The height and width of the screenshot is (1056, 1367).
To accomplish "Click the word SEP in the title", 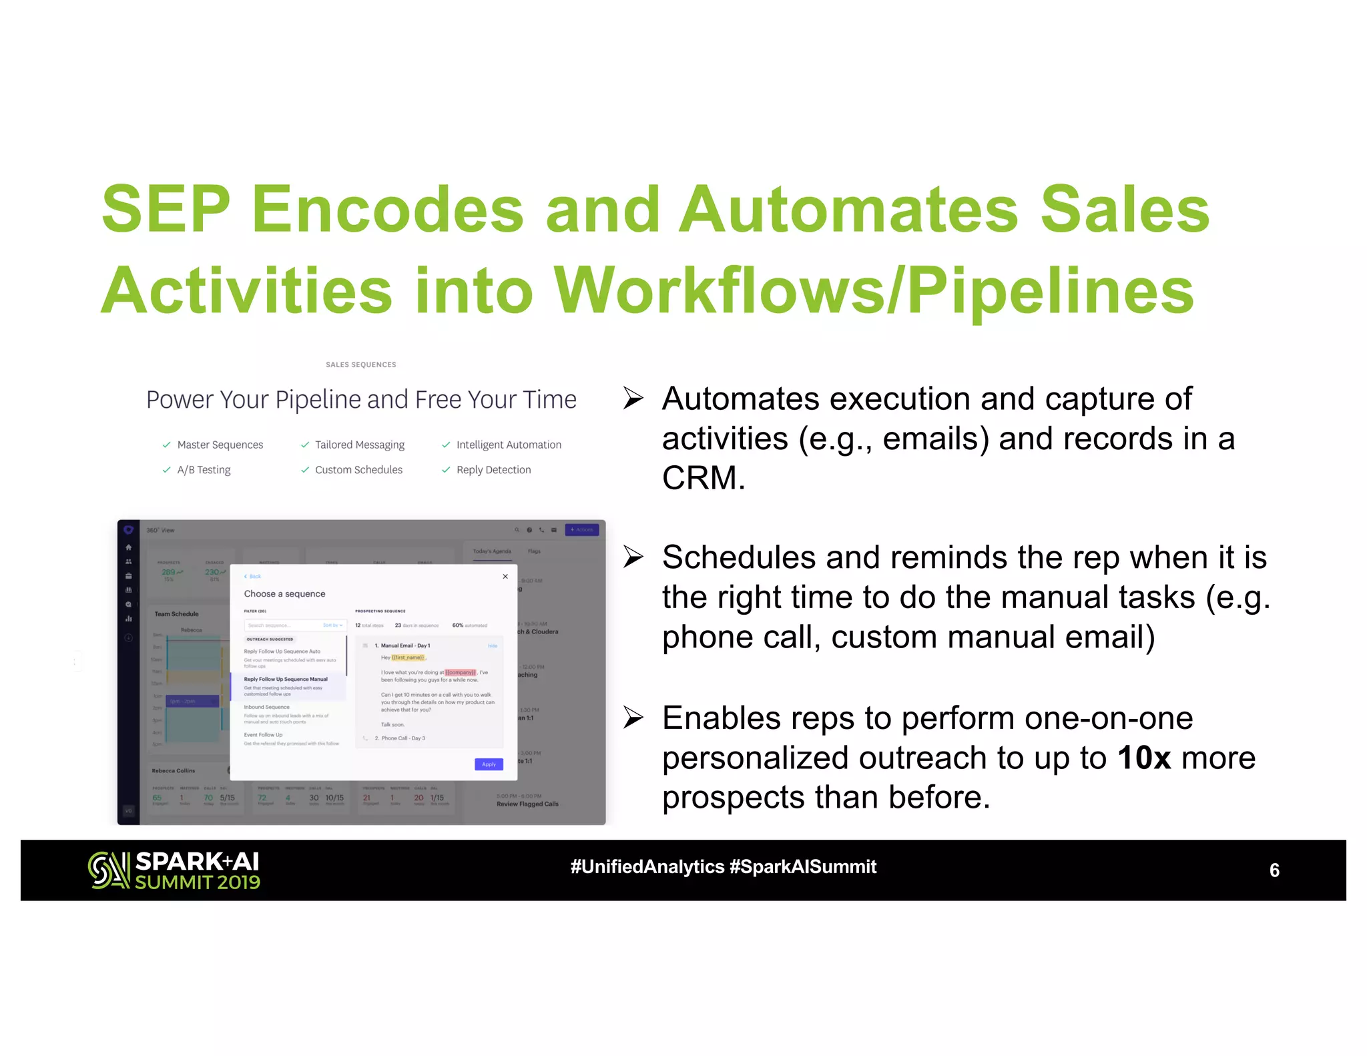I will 166,210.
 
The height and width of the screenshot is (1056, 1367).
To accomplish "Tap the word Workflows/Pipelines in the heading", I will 873,291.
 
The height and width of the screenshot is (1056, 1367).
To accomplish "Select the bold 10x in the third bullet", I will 1144,758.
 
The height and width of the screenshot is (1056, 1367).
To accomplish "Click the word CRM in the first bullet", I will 702,478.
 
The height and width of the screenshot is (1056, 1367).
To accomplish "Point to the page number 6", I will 1274,870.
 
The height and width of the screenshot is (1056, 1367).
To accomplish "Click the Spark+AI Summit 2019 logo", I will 174,870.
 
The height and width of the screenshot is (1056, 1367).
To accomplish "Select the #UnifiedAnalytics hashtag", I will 647,867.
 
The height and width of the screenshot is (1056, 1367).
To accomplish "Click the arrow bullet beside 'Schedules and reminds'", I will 633,557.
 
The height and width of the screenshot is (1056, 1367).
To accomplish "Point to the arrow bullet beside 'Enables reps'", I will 633,718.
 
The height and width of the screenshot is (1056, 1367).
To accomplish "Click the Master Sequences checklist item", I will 220,445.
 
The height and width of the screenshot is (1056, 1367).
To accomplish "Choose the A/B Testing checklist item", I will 204,470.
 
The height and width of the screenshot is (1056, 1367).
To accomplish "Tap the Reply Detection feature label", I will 493,470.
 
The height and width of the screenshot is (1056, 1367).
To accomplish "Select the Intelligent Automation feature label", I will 509,445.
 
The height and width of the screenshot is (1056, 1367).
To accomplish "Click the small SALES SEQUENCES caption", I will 360,365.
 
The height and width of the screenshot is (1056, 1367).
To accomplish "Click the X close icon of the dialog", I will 505,577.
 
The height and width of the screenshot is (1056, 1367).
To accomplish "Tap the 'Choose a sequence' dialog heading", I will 284,594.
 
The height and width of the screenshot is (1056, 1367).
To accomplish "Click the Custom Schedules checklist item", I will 358,470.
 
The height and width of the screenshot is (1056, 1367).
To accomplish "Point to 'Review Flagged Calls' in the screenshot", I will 527,804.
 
